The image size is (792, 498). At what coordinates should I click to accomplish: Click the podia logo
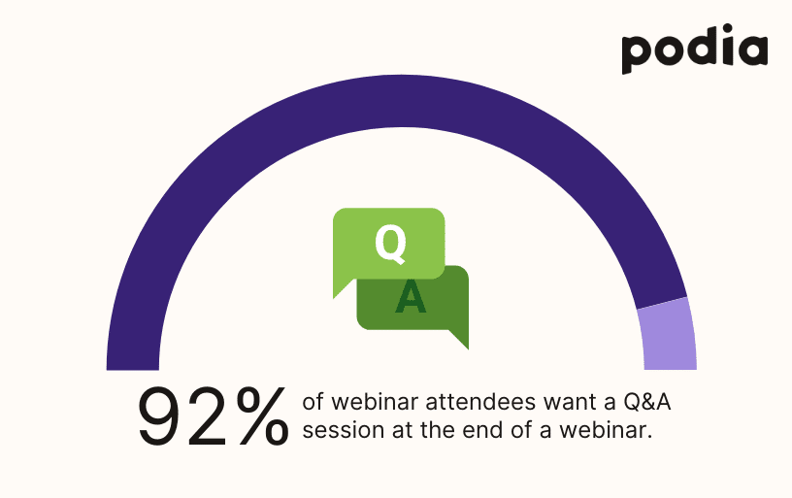pos(694,51)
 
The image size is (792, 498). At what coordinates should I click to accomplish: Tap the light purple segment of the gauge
pos(669,336)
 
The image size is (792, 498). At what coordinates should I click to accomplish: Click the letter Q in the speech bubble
pos(389,243)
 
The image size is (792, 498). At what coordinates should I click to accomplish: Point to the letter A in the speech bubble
pos(411,299)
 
